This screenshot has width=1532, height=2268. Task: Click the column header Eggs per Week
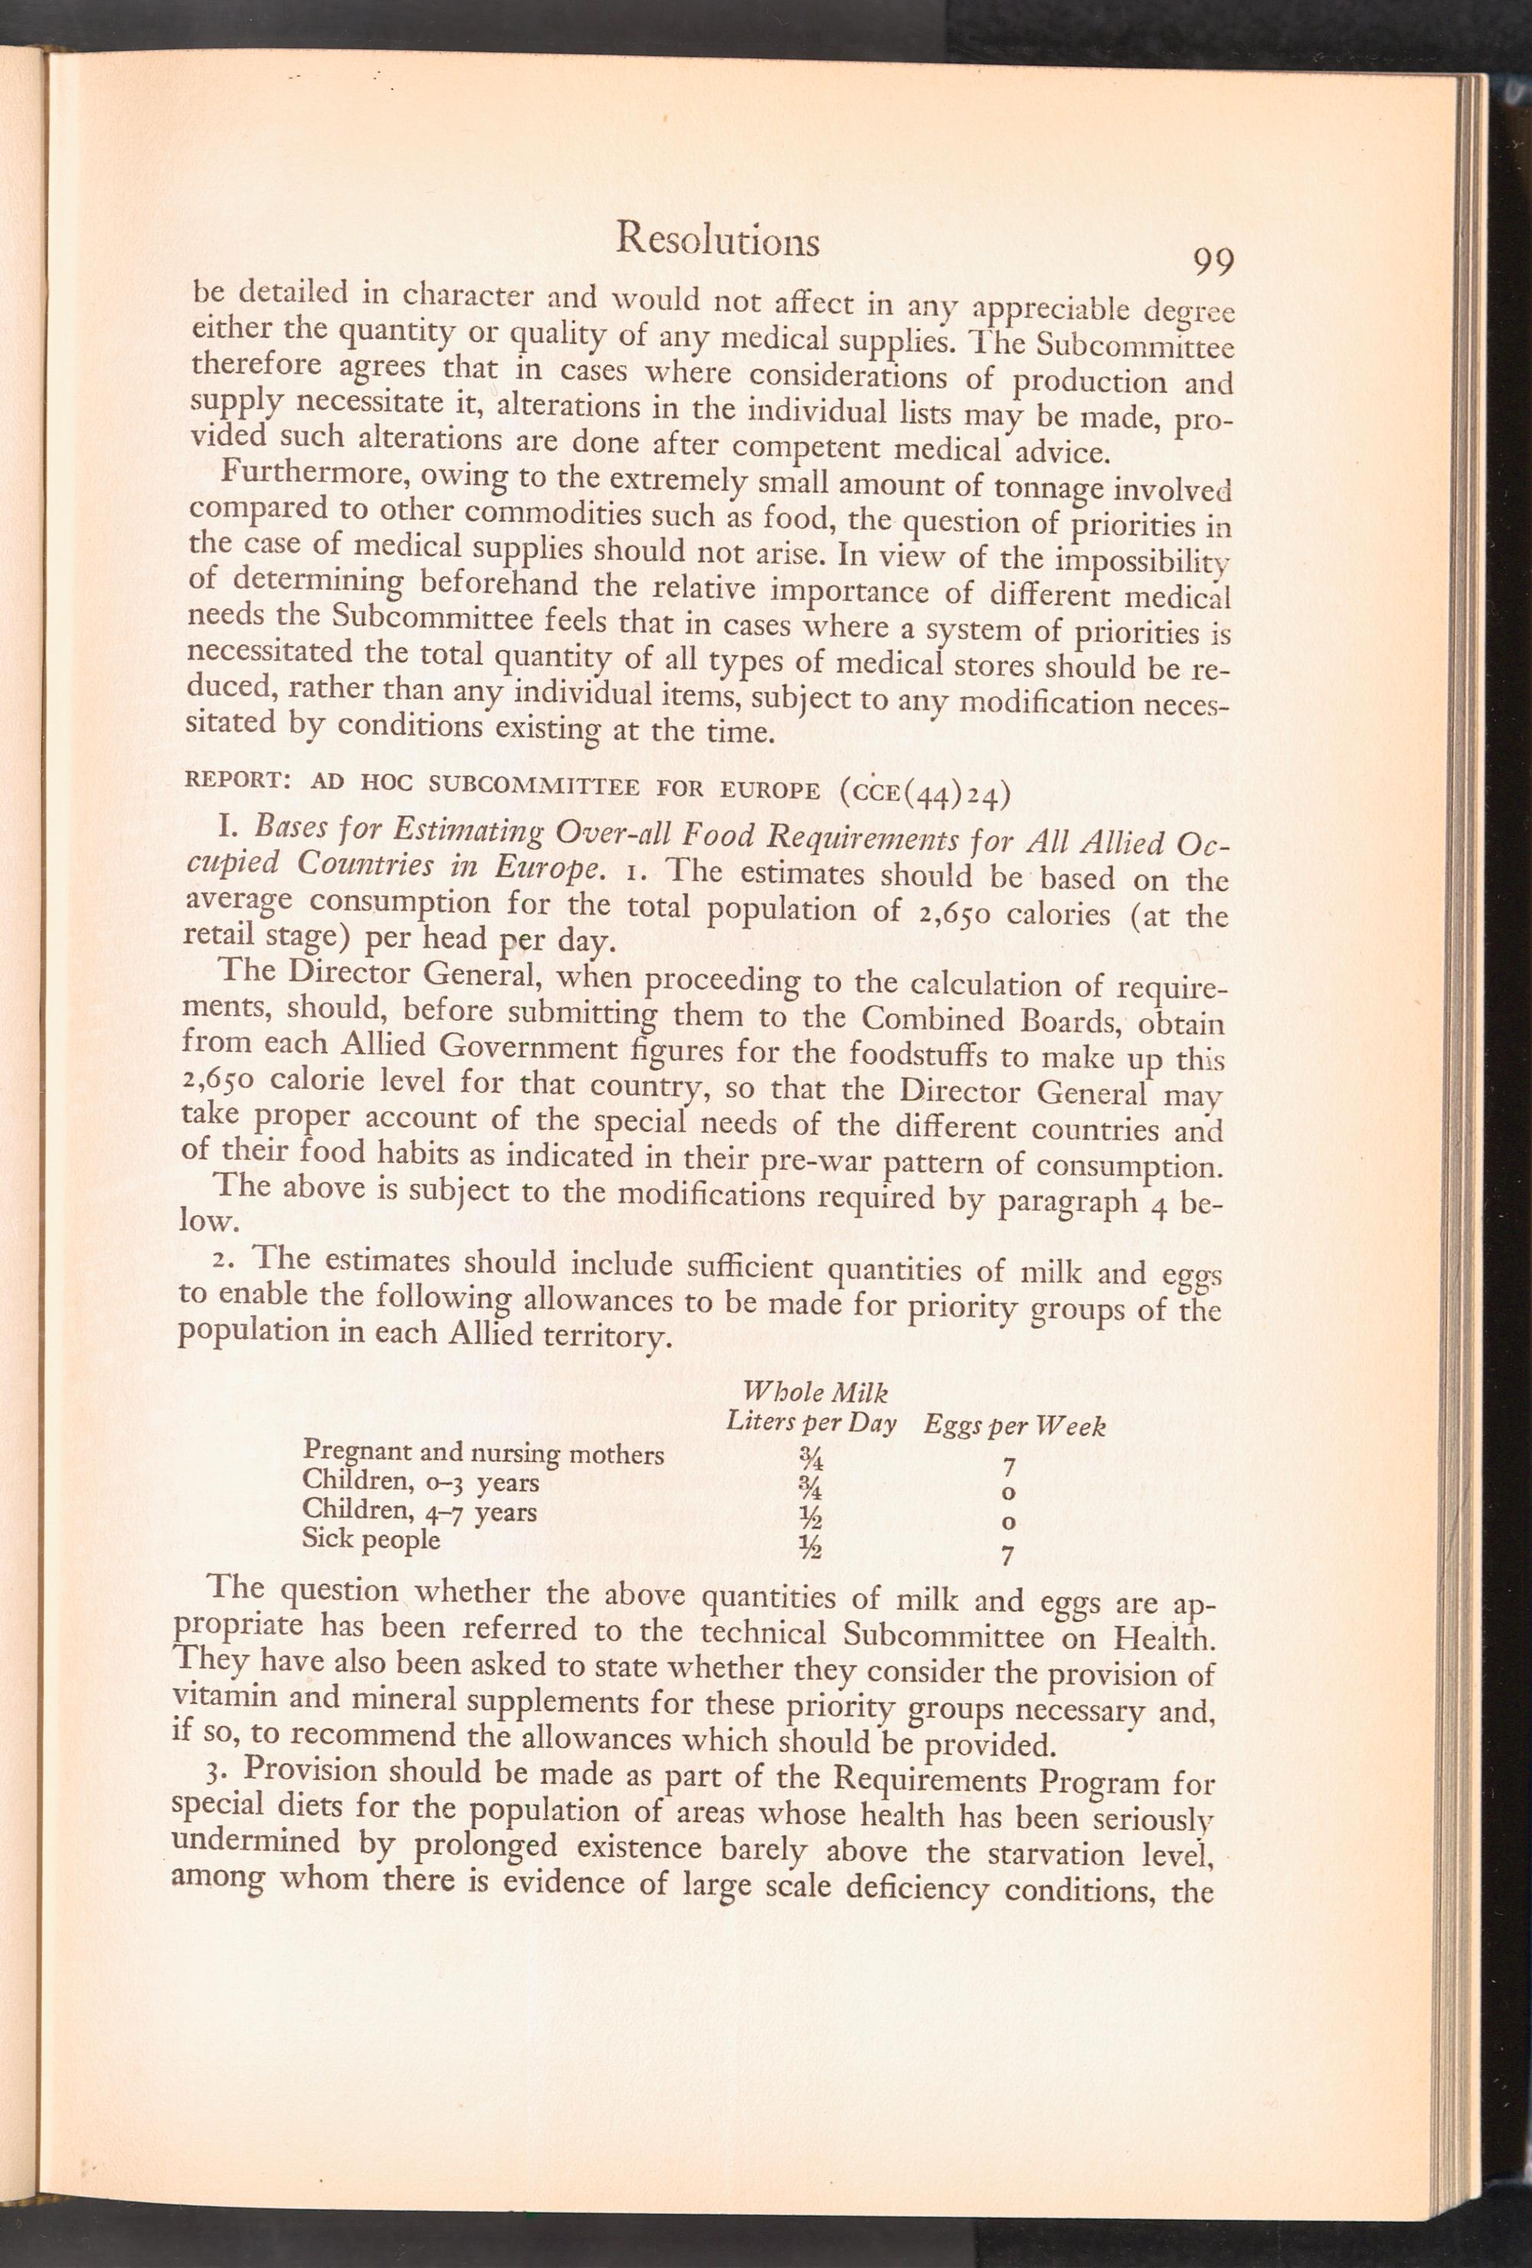[x=1014, y=1426]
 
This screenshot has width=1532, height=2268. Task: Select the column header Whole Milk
[x=815, y=1390]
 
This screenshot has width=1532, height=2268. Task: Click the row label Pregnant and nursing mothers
[x=483, y=1454]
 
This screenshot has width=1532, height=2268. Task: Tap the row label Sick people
[x=371, y=1539]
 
